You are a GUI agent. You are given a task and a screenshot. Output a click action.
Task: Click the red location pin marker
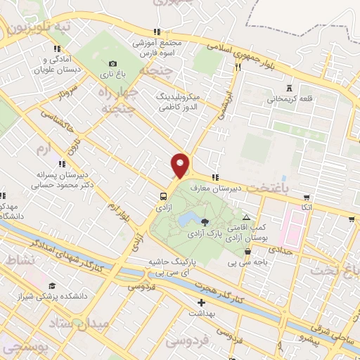click(181, 165)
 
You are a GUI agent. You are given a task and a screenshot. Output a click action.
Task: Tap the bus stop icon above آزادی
click(163, 197)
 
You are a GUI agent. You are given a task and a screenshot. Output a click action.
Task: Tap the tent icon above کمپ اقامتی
click(246, 218)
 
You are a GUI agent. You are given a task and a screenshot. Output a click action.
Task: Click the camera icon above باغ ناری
click(113, 63)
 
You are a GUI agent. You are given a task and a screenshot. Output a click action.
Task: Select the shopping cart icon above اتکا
click(307, 197)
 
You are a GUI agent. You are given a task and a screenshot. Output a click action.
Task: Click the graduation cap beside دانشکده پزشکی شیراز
click(51, 287)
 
